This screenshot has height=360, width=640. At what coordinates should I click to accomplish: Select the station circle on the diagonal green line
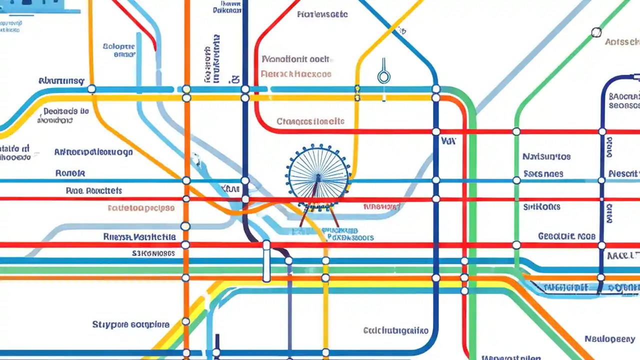point(596,33)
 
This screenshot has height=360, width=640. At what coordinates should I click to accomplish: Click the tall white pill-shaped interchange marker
point(266,261)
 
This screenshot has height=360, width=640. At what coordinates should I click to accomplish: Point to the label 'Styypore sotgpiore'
point(130,324)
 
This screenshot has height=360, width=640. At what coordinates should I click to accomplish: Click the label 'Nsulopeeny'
point(609,339)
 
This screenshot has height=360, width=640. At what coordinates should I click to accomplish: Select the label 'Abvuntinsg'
point(61,81)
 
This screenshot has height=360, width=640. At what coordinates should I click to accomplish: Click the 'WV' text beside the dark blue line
point(448,141)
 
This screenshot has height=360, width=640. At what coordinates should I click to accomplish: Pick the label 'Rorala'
point(70,173)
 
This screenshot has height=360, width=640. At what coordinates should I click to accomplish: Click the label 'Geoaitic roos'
point(566,236)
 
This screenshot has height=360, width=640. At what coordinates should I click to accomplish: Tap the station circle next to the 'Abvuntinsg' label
point(91,89)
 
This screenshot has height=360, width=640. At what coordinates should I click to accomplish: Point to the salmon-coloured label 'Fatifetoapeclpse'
point(141,208)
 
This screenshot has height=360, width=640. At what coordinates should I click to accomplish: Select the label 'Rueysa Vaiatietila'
point(139,236)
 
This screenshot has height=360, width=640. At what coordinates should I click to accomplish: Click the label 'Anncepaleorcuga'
point(93,152)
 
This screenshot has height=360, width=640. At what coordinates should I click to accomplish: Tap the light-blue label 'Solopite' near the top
point(118,46)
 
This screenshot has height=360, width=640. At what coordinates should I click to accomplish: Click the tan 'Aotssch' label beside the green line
point(621,42)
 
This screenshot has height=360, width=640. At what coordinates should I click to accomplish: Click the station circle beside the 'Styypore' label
point(186,321)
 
